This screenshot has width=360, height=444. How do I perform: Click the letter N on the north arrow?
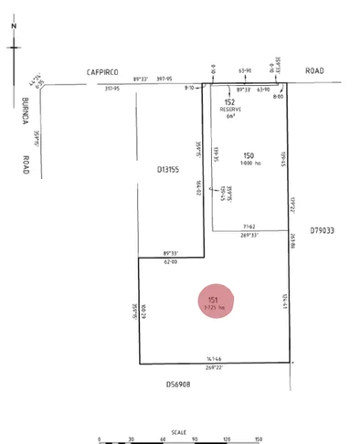coord(15,26)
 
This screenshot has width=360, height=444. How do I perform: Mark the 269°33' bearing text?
coord(249,235)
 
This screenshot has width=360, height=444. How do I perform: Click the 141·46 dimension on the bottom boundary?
coord(216,360)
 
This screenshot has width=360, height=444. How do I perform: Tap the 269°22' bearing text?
coord(216,368)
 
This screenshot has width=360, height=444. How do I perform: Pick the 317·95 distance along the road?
coord(114,88)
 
